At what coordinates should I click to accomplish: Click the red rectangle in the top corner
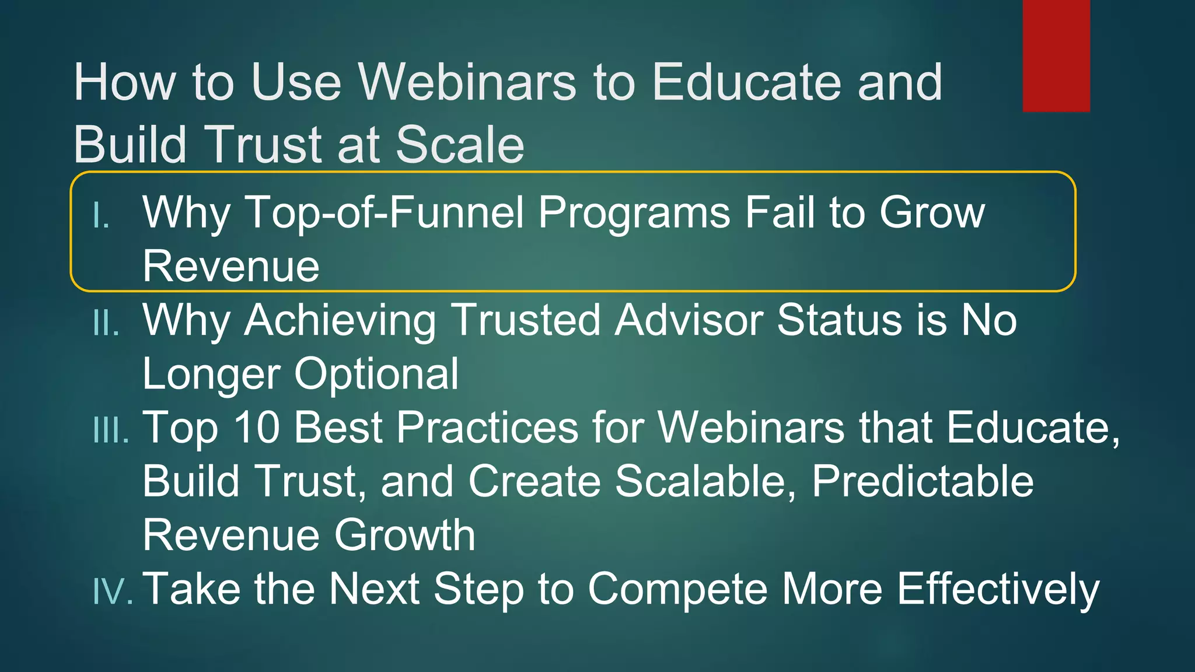1056,55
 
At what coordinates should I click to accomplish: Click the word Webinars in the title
467,82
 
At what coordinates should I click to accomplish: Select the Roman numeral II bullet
106,323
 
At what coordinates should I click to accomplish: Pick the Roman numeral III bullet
111,430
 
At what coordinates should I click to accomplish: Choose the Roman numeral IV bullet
112,591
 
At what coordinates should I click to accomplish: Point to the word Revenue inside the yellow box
231,267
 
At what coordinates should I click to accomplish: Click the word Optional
376,374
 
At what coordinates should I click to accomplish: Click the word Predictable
923,481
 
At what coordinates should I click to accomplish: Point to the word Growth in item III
404,535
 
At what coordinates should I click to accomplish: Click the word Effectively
998,590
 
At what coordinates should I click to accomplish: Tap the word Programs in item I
634,213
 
